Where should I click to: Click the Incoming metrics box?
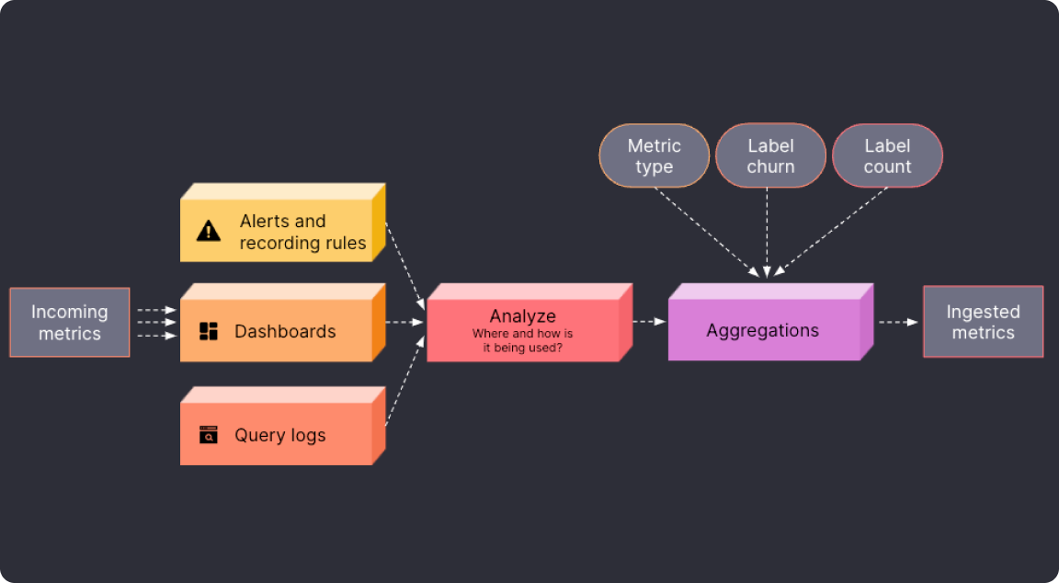click(x=70, y=322)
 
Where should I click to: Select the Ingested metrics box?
click(x=983, y=322)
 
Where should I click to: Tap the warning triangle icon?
click(x=209, y=231)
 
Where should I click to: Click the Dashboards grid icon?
click(x=209, y=331)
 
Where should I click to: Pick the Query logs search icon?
click(x=209, y=435)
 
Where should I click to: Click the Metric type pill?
click(x=654, y=156)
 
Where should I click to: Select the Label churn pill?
click(x=770, y=156)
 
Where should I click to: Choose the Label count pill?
click(x=887, y=156)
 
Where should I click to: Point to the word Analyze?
click(x=522, y=316)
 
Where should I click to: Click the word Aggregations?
click(x=762, y=330)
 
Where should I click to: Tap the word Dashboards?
click(x=285, y=331)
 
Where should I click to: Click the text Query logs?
click(x=279, y=435)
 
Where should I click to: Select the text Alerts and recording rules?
click(x=302, y=232)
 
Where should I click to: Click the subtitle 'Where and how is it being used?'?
click(x=522, y=340)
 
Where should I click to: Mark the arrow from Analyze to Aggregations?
click(x=649, y=322)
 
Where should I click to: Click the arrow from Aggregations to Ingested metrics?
click(x=898, y=322)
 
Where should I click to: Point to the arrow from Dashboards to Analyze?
click(x=405, y=322)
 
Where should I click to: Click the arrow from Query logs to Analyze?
click(x=404, y=382)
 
